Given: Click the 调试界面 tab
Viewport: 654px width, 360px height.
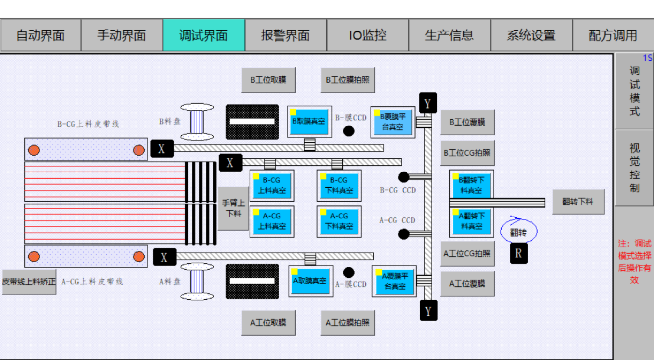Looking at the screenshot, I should pyautogui.click(x=204, y=35).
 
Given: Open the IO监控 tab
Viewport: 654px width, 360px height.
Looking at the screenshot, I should pyautogui.click(x=368, y=35).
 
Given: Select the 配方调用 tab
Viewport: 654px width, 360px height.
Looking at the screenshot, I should pyautogui.click(x=613, y=35).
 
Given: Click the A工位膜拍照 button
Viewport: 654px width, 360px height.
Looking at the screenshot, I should pyautogui.click(x=347, y=323).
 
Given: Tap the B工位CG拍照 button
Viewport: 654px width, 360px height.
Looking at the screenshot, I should pyautogui.click(x=467, y=153).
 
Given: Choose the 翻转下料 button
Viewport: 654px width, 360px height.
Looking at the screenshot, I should pyautogui.click(x=578, y=202).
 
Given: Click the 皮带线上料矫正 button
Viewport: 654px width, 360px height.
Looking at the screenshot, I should pyautogui.click(x=29, y=282).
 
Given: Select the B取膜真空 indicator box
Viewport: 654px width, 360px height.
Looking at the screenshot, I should pyautogui.click(x=309, y=122).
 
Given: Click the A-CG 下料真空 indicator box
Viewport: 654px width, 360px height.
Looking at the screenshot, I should pyautogui.click(x=339, y=221).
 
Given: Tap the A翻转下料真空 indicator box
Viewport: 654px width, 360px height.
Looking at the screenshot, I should pyautogui.click(x=471, y=221).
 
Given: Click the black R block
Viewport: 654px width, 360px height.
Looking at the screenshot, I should pyautogui.click(x=518, y=253).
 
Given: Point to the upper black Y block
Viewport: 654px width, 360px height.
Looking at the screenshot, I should pyautogui.click(x=428, y=103).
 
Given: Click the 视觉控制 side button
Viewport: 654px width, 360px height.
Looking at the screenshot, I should pyautogui.click(x=634, y=168).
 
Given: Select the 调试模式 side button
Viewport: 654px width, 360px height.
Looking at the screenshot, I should pyautogui.click(x=634, y=91).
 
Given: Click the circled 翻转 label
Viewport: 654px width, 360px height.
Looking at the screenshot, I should pyautogui.click(x=518, y=232).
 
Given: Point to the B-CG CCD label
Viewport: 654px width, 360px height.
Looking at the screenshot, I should pyautogui.click(x=398, y=190).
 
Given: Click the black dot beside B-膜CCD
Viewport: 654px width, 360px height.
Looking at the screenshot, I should pyautogui.click(x=348, y=131).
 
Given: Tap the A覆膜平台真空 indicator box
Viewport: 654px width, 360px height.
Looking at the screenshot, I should pyautogui.click(x=394, y=281).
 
